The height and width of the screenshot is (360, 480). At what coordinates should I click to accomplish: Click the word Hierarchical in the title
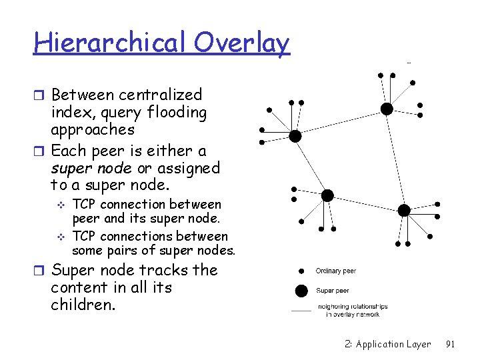point(110,43)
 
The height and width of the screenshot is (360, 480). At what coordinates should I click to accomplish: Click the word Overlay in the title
point(243,43)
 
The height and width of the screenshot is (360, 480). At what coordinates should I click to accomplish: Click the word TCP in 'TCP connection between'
point(83,204)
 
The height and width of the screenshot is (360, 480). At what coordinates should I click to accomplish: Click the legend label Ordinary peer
point(336,271)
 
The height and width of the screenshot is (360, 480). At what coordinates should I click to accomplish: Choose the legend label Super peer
point(331,291)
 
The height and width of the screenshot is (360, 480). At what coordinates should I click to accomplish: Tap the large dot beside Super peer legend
point(301,291)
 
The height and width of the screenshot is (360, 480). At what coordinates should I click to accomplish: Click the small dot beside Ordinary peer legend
point(301,271)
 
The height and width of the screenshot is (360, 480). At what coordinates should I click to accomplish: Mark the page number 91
point(450,344)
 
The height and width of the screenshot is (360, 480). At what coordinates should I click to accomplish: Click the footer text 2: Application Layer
point(388,344)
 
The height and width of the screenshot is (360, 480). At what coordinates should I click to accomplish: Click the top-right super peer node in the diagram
point(386,109)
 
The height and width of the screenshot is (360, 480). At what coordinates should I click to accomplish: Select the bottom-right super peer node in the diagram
point(404,211)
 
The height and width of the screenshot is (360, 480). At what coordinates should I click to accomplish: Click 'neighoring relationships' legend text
point(353,307)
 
